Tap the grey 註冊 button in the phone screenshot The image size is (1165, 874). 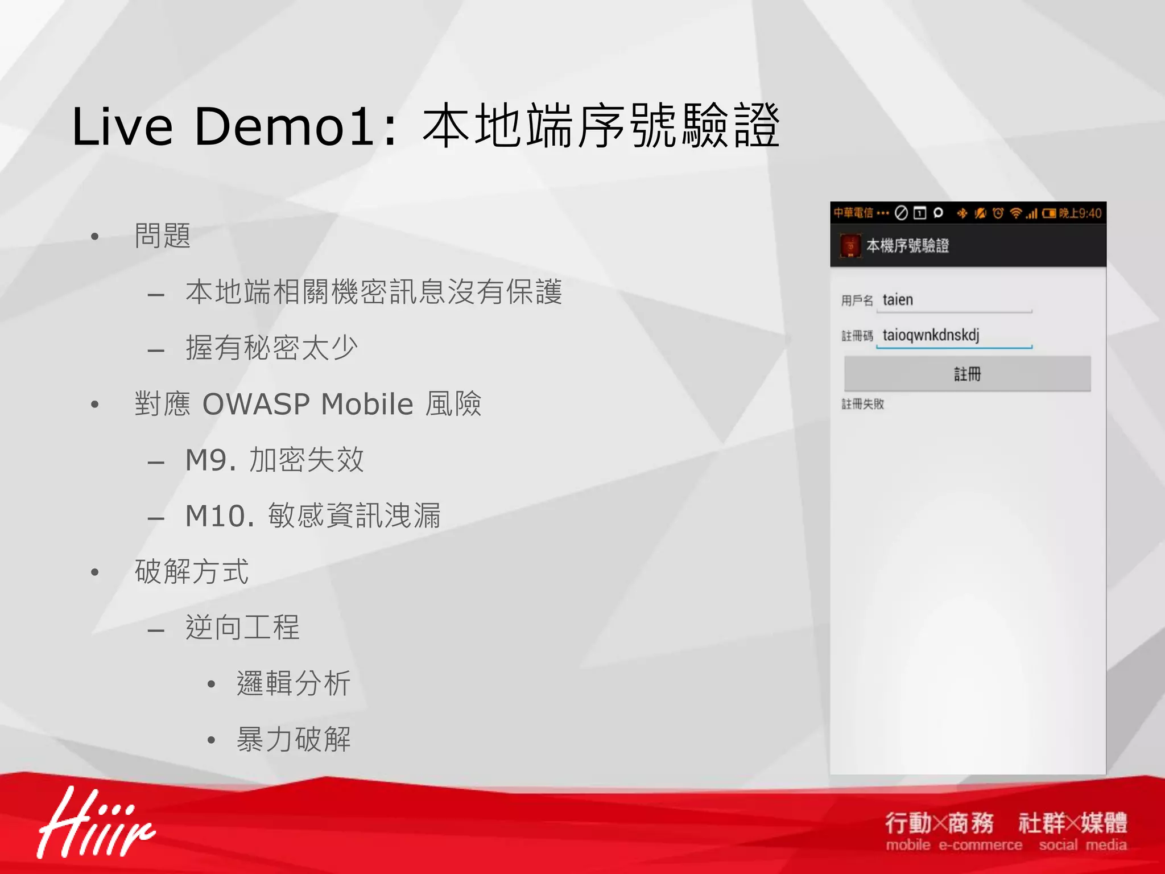tap(967, 374)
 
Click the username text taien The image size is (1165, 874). tap(898, 300)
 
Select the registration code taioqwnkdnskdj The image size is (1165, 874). tap(931, 335)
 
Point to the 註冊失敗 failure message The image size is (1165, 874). tap(862, 404)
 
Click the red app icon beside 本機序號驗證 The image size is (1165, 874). tap(850, 246)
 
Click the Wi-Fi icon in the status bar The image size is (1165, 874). tap(1015, 213)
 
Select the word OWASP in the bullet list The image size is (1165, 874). tap(256, 405)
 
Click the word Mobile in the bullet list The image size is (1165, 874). tap(367, 405)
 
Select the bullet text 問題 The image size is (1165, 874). tap(163, 236)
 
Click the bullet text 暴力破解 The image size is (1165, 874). tap(294, 740)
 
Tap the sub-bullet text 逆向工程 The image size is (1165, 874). tap(242, 628)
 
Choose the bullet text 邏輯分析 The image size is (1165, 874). tap(294, 683)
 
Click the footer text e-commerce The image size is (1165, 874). tap(980, 846)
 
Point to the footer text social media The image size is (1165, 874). tap(1083, 846)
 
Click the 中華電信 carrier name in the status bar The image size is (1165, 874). tap(853, 213)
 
